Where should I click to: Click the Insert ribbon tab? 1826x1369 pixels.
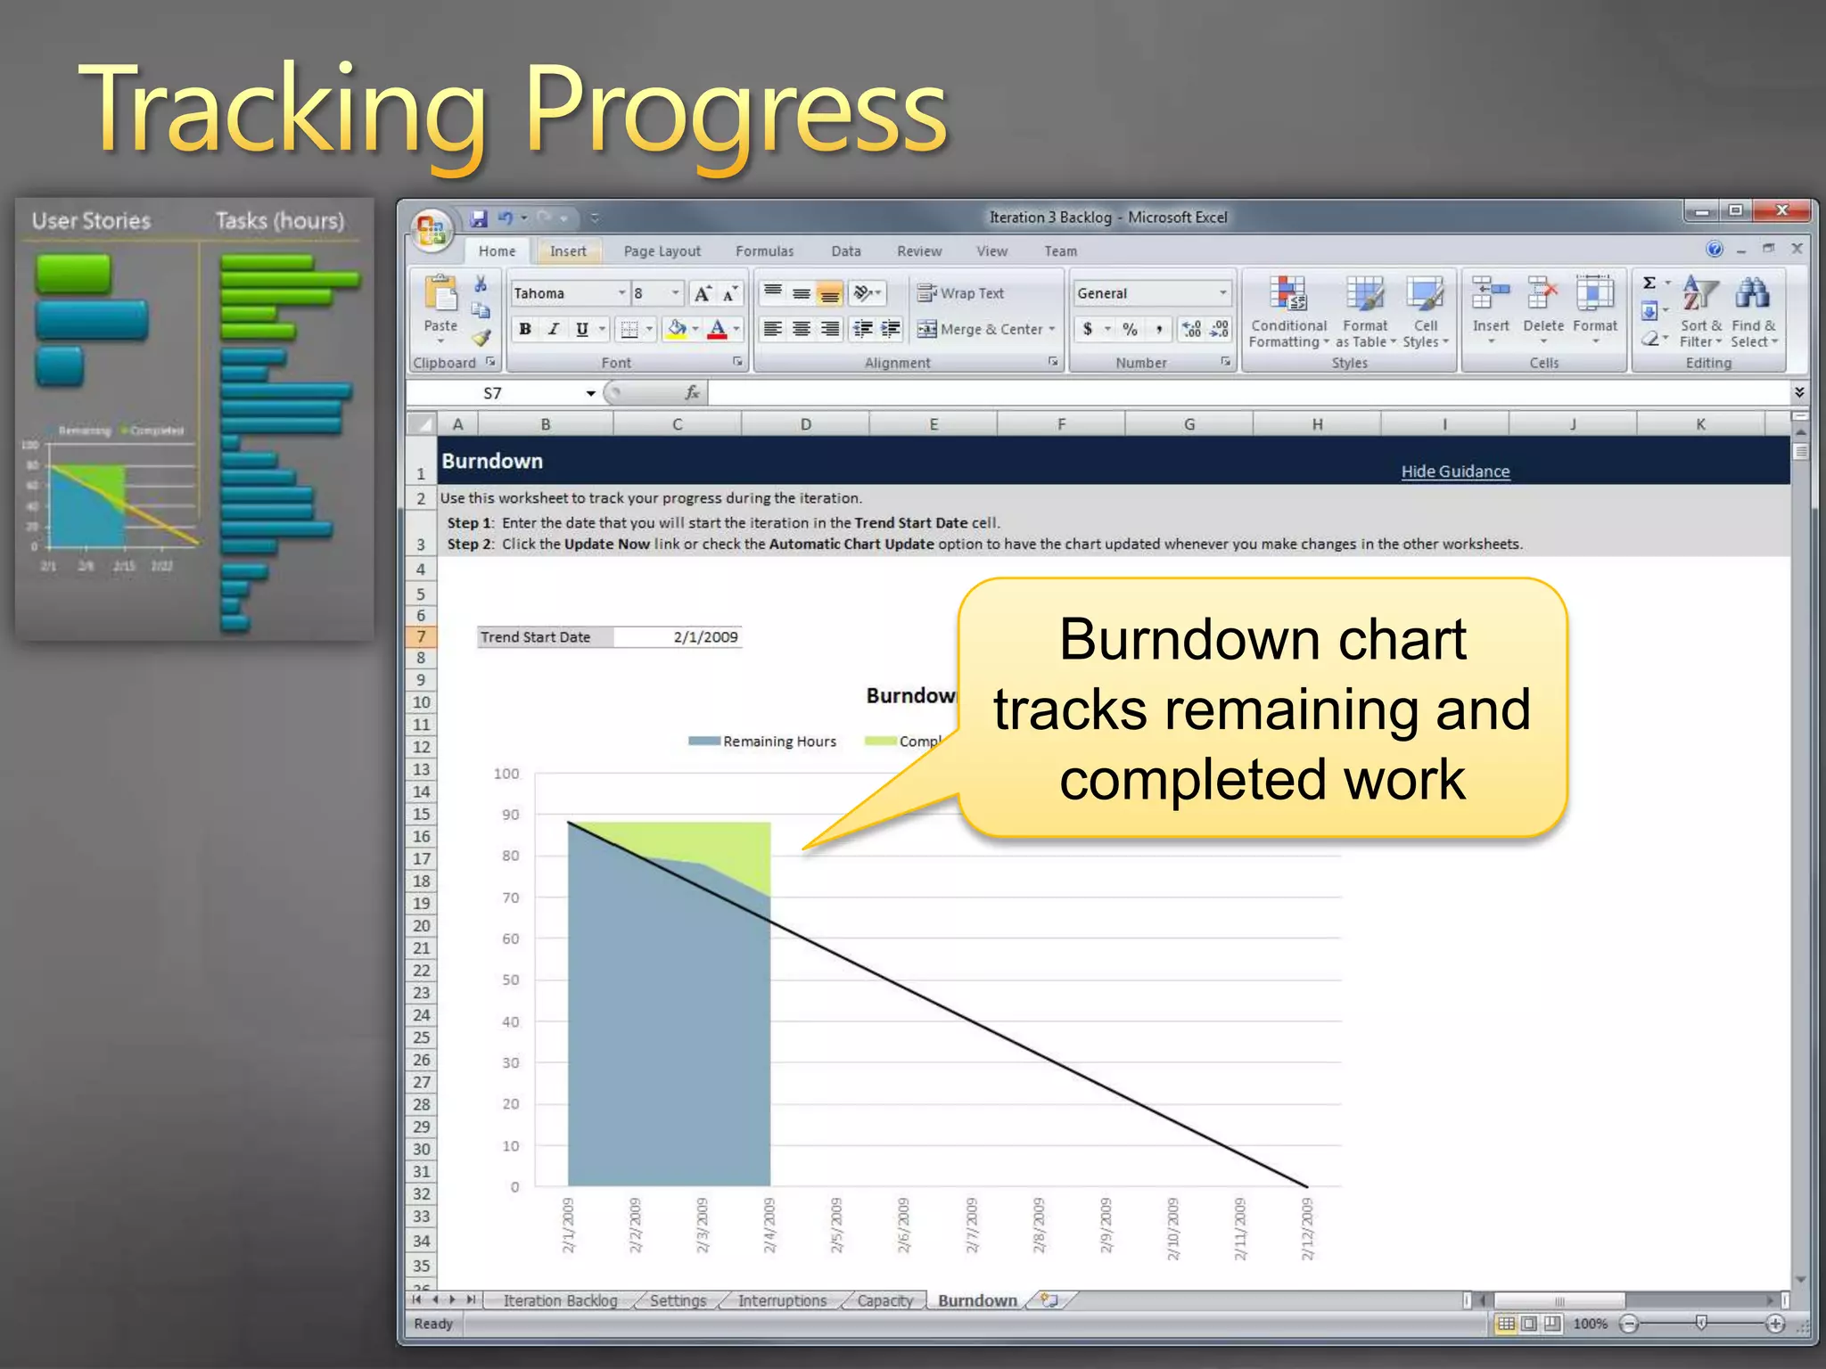pos(568,251)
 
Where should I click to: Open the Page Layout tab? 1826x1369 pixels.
pos(662,251)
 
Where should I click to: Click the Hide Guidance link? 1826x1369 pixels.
pos(1455,471)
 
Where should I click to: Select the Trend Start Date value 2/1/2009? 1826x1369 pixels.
pos(704,637)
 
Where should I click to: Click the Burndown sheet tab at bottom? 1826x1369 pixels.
pos(976,1300)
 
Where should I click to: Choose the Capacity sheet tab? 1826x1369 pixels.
pos(884,1300)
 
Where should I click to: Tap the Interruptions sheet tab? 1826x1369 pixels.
pos(782,1300)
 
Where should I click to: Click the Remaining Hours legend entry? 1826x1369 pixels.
pos(778,742)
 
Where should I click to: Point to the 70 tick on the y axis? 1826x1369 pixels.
pos(510,898)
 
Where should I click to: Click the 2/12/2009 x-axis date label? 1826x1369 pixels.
pos(1307,1229)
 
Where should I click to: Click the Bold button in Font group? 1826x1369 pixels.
pos(525,329)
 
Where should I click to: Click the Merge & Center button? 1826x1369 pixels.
pos(985,329)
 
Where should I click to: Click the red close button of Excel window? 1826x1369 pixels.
pos(1781,211)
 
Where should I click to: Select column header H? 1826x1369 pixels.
pos(1317,424)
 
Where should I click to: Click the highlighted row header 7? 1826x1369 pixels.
pos(421,636)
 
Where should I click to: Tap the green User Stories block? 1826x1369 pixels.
pos(73,274)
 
